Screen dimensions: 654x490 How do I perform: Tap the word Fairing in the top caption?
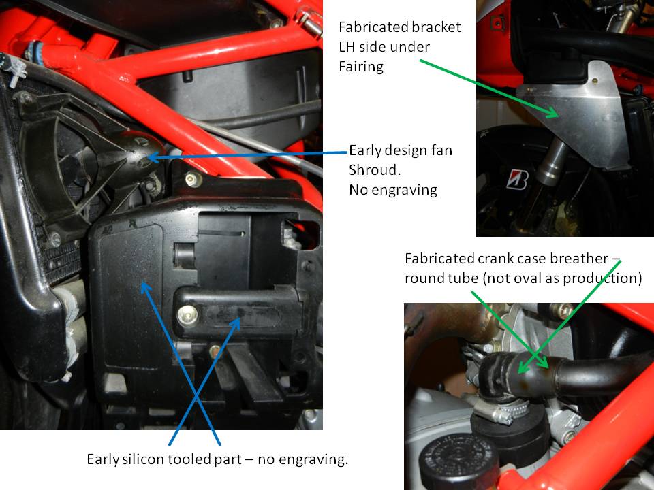(361, 67)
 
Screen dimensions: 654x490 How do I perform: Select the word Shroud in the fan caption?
(373, 170)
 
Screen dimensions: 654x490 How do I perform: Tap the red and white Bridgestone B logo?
(517, 180)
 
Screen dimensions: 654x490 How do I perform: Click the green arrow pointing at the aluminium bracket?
(489, 88)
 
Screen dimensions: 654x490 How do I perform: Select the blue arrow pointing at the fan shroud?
(248, 155)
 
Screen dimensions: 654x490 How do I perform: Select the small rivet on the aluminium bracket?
(595, 80)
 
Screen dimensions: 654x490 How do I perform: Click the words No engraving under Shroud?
(393, 190)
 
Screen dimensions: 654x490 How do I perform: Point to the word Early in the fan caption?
(364, 150)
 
